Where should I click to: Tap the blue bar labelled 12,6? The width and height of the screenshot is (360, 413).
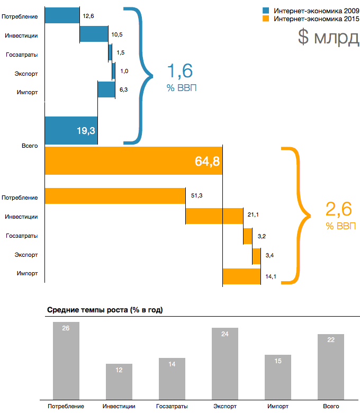pyautogui.click(x=62, y=15)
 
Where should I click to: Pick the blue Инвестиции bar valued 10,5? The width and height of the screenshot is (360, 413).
pyautogui.click(x=94, y=34)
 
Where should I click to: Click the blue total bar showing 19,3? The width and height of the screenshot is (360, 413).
pyautogui.click(x=71, y=130)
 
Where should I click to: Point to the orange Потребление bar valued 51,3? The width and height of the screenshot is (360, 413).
pyautogui.click(x=115, y=196)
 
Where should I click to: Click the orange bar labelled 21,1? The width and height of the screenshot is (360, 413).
pyautogui.click(x=214, y=216)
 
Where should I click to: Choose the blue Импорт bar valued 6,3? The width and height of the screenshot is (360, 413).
pyautogui.click(x=106, y=89)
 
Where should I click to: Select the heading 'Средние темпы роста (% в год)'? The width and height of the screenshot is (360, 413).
pyautogui.click(x=104, y=310)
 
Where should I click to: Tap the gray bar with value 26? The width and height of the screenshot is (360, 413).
pyautogui.click(x=66, y=360)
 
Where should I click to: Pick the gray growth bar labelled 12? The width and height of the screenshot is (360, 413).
pyautogui.click(x=119, y=381)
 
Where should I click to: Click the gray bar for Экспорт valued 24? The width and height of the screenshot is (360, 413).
pyautogui.click(x=225, y=363)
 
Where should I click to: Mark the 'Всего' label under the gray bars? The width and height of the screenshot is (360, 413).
pyautogui.click(x=331, y=406)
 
